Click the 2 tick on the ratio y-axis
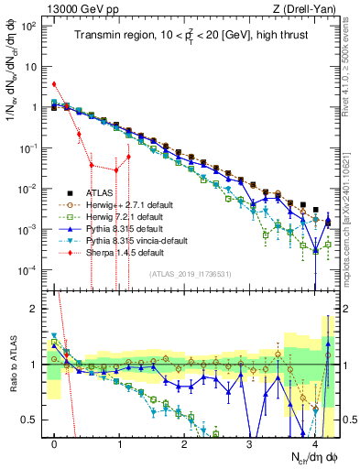38,309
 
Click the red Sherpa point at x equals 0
55,83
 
